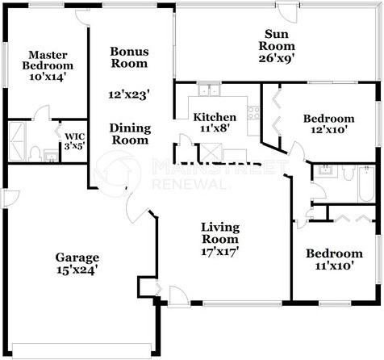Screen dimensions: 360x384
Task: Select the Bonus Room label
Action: click(x=129, y=57)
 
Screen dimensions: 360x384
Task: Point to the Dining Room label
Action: click(x=129, y=133)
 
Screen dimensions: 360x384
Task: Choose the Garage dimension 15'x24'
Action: click(x=77, y=271)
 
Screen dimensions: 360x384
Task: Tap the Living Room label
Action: click(x=219, y=233)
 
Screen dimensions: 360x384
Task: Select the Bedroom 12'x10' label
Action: click(x=328, y=124)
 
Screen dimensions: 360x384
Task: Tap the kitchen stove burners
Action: click(x=253, y=113)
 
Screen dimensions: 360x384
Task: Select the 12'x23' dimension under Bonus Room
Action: click(x=129, y=94)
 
